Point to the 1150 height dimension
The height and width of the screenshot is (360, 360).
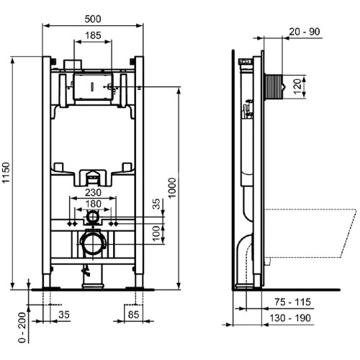tap(8, 173)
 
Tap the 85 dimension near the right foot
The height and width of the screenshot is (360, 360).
tap(134, 315)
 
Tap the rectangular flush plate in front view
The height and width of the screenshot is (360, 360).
tap(91, 84)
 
